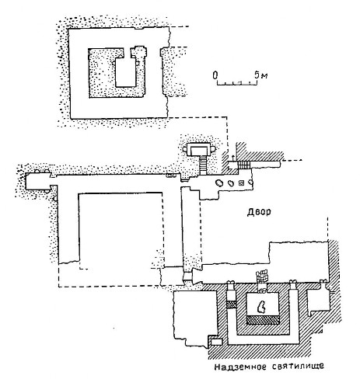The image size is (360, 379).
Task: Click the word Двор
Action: [x=259, y=212]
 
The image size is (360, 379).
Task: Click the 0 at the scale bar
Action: [x=215, y=75]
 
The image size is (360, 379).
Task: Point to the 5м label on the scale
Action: [x=260, y=75]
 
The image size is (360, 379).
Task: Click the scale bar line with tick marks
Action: [x=237, y=83]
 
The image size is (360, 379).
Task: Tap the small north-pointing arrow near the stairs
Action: [x=232, y=158]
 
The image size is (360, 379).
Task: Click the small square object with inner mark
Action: [x=242, y=183]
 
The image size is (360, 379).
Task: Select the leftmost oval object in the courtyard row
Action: [x=219, y=183]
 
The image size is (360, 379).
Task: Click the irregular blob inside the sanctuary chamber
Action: [x=261, y=307]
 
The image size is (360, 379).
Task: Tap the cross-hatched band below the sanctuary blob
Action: [x=263, y=320]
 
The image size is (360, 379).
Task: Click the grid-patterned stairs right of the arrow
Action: [x=243, y=165]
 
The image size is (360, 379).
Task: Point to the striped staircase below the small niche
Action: [x=204, y=165]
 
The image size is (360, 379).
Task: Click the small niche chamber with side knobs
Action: [x=199, y=149]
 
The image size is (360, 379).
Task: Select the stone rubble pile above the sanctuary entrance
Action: [x=262, y=276]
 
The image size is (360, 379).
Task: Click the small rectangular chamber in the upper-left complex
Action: [x=126, y=73]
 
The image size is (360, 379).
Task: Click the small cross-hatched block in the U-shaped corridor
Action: [x=232, y=304]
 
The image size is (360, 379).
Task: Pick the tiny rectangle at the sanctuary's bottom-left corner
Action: [x=217, y=342]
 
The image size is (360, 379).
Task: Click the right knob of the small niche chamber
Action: [x=214, y=149]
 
